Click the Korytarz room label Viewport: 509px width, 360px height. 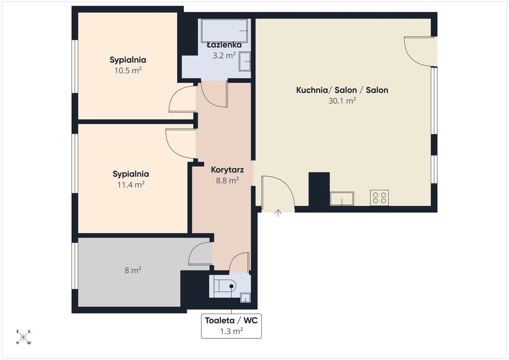point(227,170)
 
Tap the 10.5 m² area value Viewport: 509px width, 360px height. point(128,71)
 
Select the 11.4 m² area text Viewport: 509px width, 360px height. point(131,185)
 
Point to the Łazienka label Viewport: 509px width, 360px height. point(224,45)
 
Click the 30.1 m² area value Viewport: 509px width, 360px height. point(342,100)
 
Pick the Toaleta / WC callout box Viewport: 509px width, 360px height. point(231,326)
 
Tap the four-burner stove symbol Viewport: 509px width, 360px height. point(379,197)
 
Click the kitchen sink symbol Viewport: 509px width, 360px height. point(342,199)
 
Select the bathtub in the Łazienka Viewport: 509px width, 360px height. point(224,30)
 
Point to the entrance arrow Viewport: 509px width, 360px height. point(278,213)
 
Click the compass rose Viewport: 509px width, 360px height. point(23,337)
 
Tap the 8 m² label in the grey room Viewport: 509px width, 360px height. point(133,270)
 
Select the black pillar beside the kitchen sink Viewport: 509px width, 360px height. point(319,190)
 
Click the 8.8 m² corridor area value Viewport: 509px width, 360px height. point(228,180)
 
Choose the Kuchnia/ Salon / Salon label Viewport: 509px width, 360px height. point(342,90)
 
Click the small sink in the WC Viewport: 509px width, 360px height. point(245,298)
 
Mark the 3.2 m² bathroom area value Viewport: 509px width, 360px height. point(224,56)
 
